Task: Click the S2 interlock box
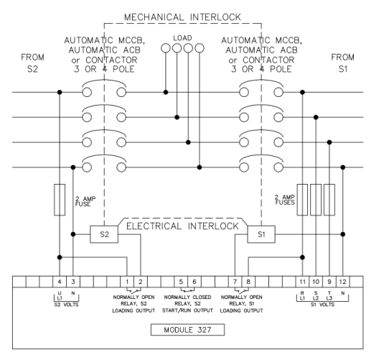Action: point(104,234)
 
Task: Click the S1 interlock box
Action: point(261,234)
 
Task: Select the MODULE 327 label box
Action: point(187,330)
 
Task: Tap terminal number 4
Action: point(60,282)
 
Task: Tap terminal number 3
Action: point(73,282)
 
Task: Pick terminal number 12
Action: point(342,282)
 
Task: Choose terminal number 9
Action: point(329,282)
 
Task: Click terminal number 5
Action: point(181,282)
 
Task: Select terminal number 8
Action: point(248,282)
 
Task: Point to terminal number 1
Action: point(127,282)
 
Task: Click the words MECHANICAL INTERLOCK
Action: point(182,17)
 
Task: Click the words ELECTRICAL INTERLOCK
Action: point(182,226)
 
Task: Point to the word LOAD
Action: point(182,38)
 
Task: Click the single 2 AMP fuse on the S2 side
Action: point(60,200)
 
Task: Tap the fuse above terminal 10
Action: point(316,200)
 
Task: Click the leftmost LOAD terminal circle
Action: point(166,48)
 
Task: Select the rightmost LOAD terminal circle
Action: point(200,48)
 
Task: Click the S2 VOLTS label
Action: point(66,305)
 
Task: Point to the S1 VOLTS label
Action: point(322,305)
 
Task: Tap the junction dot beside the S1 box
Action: point(342,234)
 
